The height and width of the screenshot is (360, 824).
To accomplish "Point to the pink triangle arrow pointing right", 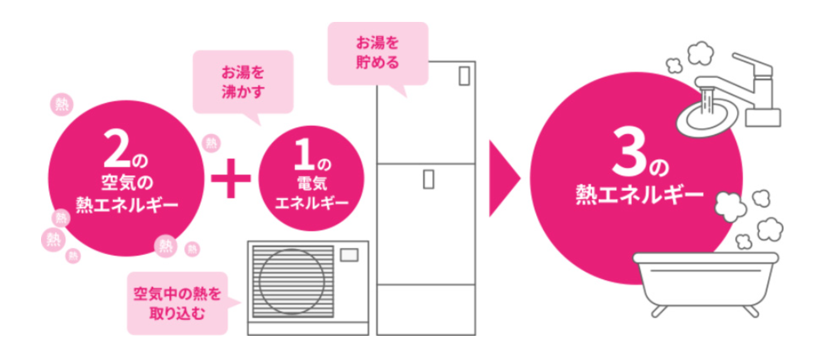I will click(502, 179).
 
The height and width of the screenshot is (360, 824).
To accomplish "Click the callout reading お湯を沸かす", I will click(243, 82).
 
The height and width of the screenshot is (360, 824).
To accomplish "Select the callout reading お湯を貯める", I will click(377, 53).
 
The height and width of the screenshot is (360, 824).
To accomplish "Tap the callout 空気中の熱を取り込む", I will click(177, 303).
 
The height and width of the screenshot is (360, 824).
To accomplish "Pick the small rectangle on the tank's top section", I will click(463, 75).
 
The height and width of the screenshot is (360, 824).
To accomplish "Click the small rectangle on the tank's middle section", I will click(429, 179).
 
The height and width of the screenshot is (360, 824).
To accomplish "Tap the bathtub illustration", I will click(706, 281).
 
